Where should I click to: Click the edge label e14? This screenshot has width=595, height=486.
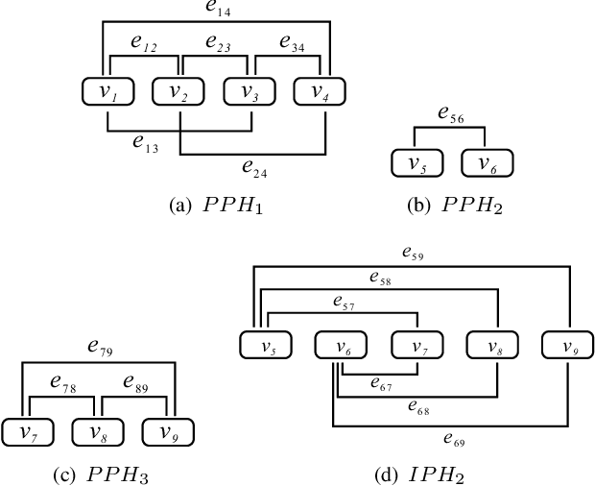point(218,11)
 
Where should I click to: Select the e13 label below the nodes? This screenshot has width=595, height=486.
point(146,143)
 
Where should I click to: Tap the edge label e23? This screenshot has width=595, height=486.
point(217,42)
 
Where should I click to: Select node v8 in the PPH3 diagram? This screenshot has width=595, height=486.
point(97,432)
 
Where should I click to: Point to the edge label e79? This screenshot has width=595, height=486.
point(101,348)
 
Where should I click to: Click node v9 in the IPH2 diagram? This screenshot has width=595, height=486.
point(566,344)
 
